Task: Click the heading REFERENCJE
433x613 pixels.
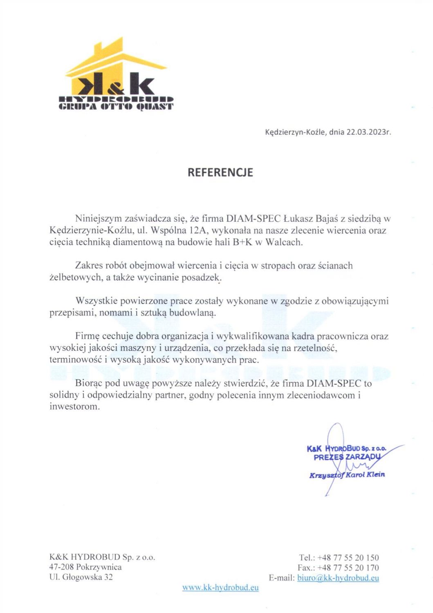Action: (220, 172)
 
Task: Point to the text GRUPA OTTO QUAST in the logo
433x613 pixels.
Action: (116, 107)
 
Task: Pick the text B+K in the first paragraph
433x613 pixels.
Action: (242, 242)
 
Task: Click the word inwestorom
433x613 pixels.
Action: (74, 407)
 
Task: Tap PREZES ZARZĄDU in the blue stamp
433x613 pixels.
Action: (347, 457)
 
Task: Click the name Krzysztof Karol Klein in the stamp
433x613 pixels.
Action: (347, 475)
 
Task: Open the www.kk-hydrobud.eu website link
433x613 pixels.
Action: (220, 588)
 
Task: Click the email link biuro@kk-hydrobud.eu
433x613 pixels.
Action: (338, 578)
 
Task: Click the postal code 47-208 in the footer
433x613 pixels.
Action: (61, 567)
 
